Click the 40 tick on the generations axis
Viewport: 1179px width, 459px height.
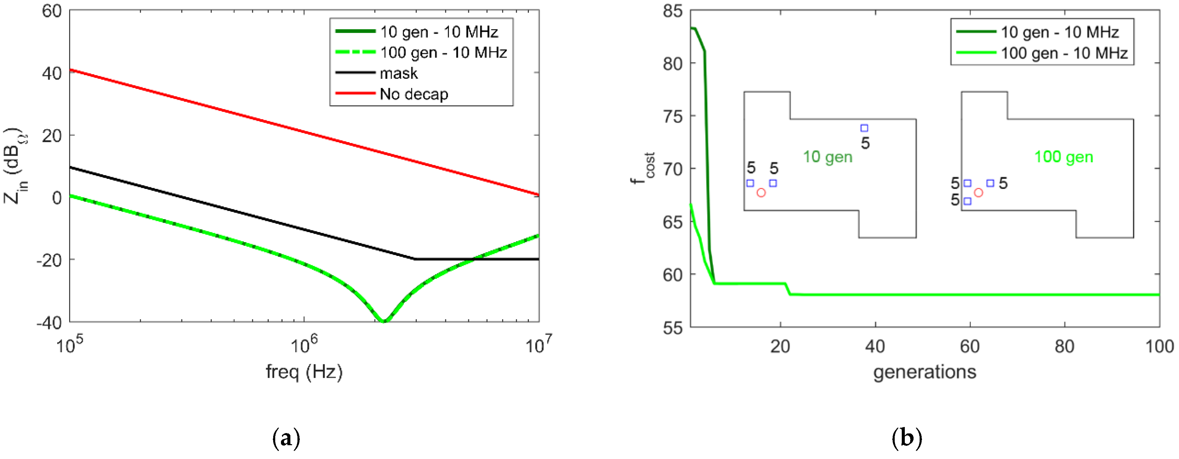tap(874, 347)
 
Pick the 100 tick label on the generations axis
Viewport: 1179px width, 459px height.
tap(1159, 347)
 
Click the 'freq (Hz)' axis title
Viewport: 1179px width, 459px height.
tap(305, 371)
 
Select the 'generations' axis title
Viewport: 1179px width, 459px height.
tap(925, 371)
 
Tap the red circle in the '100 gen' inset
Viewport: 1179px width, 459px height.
tap(979, 193)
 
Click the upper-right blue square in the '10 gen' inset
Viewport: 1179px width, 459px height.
tap(864, 128)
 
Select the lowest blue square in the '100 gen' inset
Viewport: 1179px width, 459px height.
tap(967, 201)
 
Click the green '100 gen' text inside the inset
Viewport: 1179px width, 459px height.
tap(1064, 157)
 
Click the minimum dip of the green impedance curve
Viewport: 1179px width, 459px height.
tap(384, 321)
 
